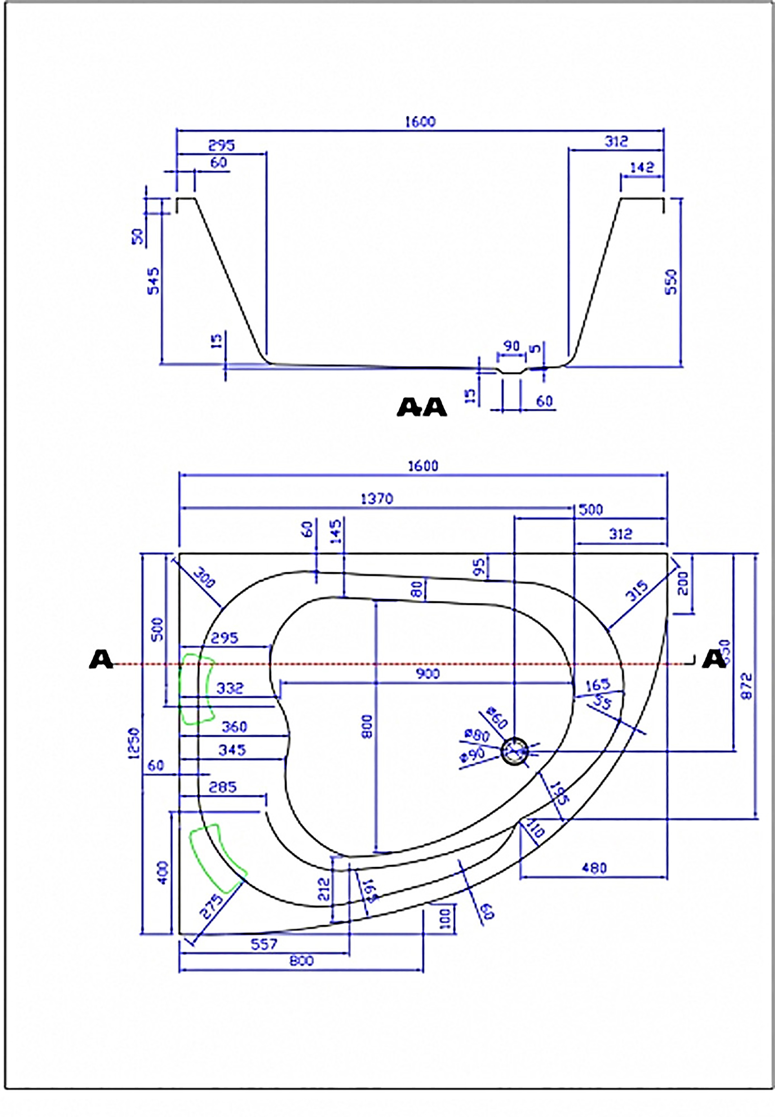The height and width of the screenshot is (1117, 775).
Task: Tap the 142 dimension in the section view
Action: point(642,167)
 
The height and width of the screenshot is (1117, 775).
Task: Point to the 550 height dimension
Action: point(672,282)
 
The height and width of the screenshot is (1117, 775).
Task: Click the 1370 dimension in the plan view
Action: point(377,499)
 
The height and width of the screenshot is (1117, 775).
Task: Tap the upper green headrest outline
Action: point(197,688)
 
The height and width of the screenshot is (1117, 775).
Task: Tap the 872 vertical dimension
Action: point(747,685)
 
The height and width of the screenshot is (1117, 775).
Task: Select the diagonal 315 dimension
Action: point(637,591)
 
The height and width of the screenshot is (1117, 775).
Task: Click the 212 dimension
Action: point(325,888)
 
